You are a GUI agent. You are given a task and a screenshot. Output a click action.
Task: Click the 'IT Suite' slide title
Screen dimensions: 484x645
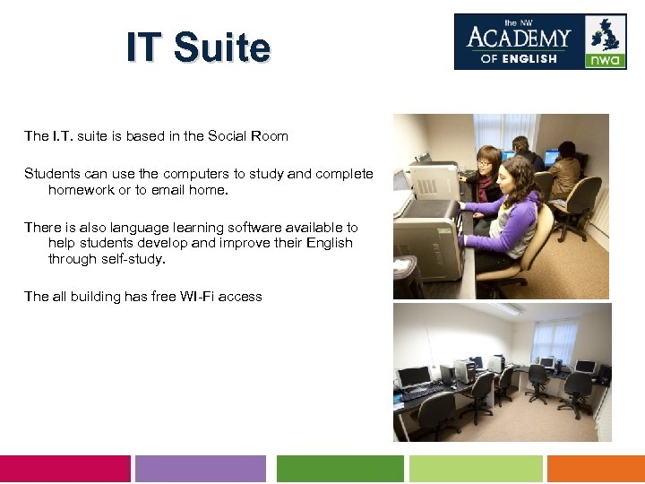(198, 48)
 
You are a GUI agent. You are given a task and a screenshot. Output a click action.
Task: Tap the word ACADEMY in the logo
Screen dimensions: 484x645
(519, 39)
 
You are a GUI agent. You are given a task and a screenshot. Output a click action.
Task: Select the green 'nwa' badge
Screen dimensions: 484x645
(606, 60)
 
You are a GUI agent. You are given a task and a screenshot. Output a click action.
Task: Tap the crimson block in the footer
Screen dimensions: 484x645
(64, 469)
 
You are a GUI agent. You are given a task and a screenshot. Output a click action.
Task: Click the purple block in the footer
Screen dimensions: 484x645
(201, 469)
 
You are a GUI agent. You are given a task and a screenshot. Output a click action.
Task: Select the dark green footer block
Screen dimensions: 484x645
(340, 469)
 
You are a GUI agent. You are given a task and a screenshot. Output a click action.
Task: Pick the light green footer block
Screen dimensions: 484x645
(476, 469)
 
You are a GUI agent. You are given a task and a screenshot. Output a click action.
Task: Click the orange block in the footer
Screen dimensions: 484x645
(596, 469)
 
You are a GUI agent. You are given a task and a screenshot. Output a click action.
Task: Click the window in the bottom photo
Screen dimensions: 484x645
(555, 339)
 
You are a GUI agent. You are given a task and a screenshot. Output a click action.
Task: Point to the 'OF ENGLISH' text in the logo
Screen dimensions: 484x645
(519, 59)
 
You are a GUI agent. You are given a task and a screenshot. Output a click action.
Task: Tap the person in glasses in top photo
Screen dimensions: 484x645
(487, 170)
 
